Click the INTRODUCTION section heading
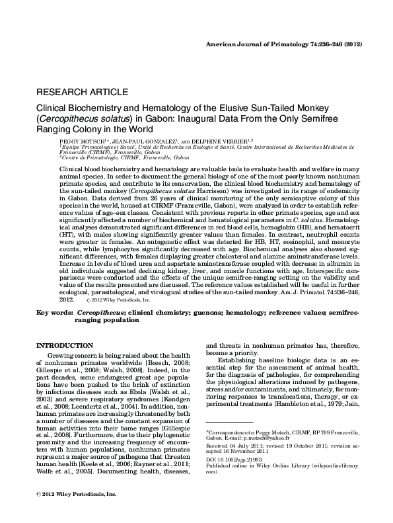(x=64, y=346)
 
